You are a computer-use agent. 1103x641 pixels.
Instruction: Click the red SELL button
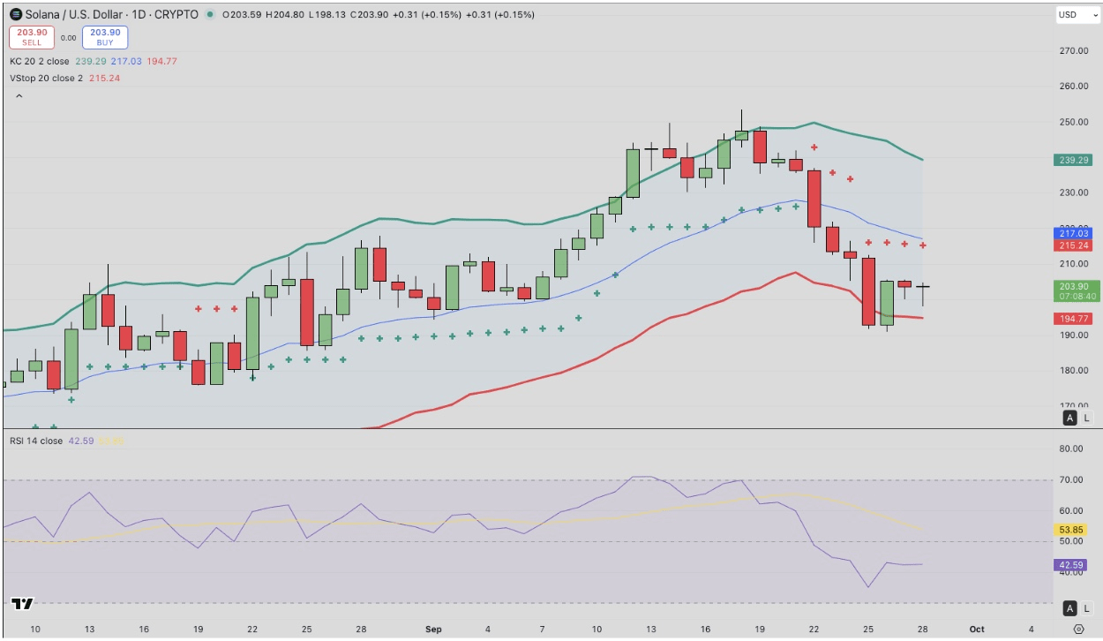[x=32, y=37]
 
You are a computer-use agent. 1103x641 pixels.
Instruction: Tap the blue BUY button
[x=105, y=37]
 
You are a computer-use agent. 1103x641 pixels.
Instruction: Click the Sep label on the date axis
[x=433, y=630]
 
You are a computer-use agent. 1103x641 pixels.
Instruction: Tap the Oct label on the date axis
[x=976, y=630]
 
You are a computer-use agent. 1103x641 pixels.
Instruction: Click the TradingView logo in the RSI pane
[x=22, y=605]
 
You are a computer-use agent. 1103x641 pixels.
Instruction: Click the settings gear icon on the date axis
[x=1078, y=630]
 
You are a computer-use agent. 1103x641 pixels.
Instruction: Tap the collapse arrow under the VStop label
[x=19, y=95]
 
